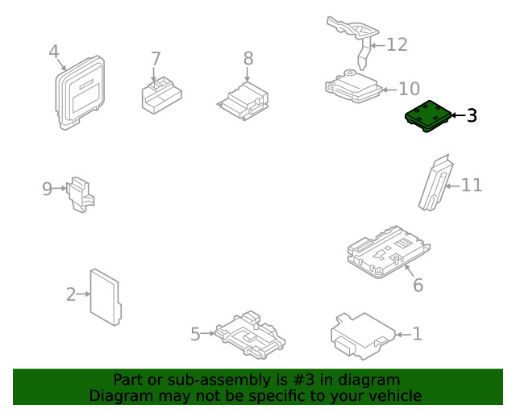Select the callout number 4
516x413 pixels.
click(54, 52)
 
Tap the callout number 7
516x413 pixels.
click(156, 59)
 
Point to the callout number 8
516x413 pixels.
click(248, 58)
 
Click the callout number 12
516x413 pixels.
click(397, 44)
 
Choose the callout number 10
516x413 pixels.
click(410, 89)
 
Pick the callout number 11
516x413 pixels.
click(472, 186)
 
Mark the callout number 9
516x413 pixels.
click(47, 189)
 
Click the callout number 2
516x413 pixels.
click(71, 294)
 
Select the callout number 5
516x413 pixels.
click(195, 334)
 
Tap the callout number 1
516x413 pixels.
click(417, 333)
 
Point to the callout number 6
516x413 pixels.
click(418, 285)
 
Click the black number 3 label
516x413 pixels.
click(472, 116)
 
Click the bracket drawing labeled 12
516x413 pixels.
click(355, 36)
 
